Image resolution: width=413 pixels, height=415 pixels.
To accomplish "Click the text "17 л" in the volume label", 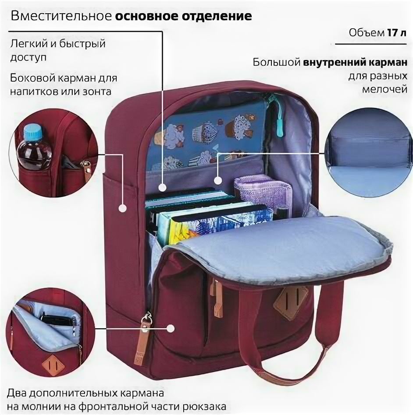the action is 397,33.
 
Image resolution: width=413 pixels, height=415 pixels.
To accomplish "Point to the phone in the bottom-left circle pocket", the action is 56,320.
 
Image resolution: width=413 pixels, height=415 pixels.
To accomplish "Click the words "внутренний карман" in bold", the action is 352,62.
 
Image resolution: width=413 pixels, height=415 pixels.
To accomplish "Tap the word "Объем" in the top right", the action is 367,33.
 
